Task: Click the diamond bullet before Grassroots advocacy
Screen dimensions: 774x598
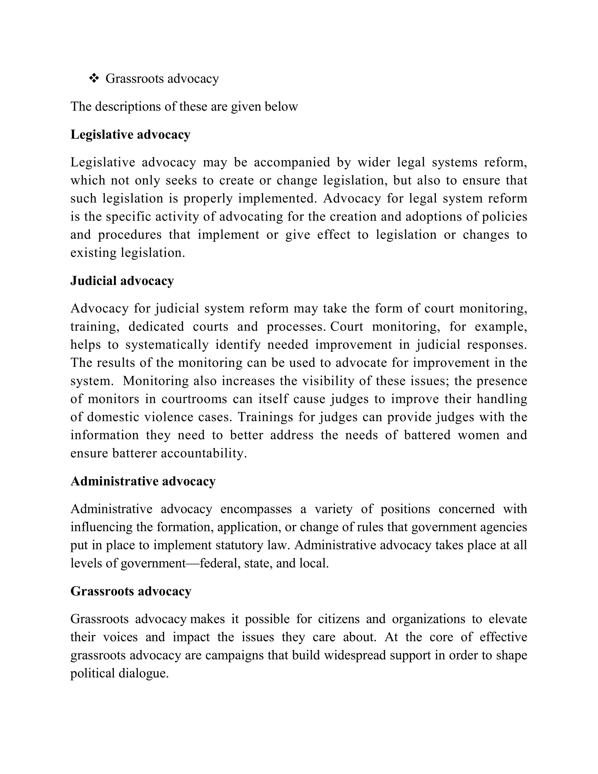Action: coord(94,78)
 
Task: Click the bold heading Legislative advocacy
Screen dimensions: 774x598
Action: coord(130,135)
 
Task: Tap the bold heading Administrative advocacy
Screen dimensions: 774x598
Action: coord(143,481)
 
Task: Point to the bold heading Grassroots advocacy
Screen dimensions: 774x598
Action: coord(131,591)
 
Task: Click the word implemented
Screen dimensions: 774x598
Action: coord(277,198)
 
